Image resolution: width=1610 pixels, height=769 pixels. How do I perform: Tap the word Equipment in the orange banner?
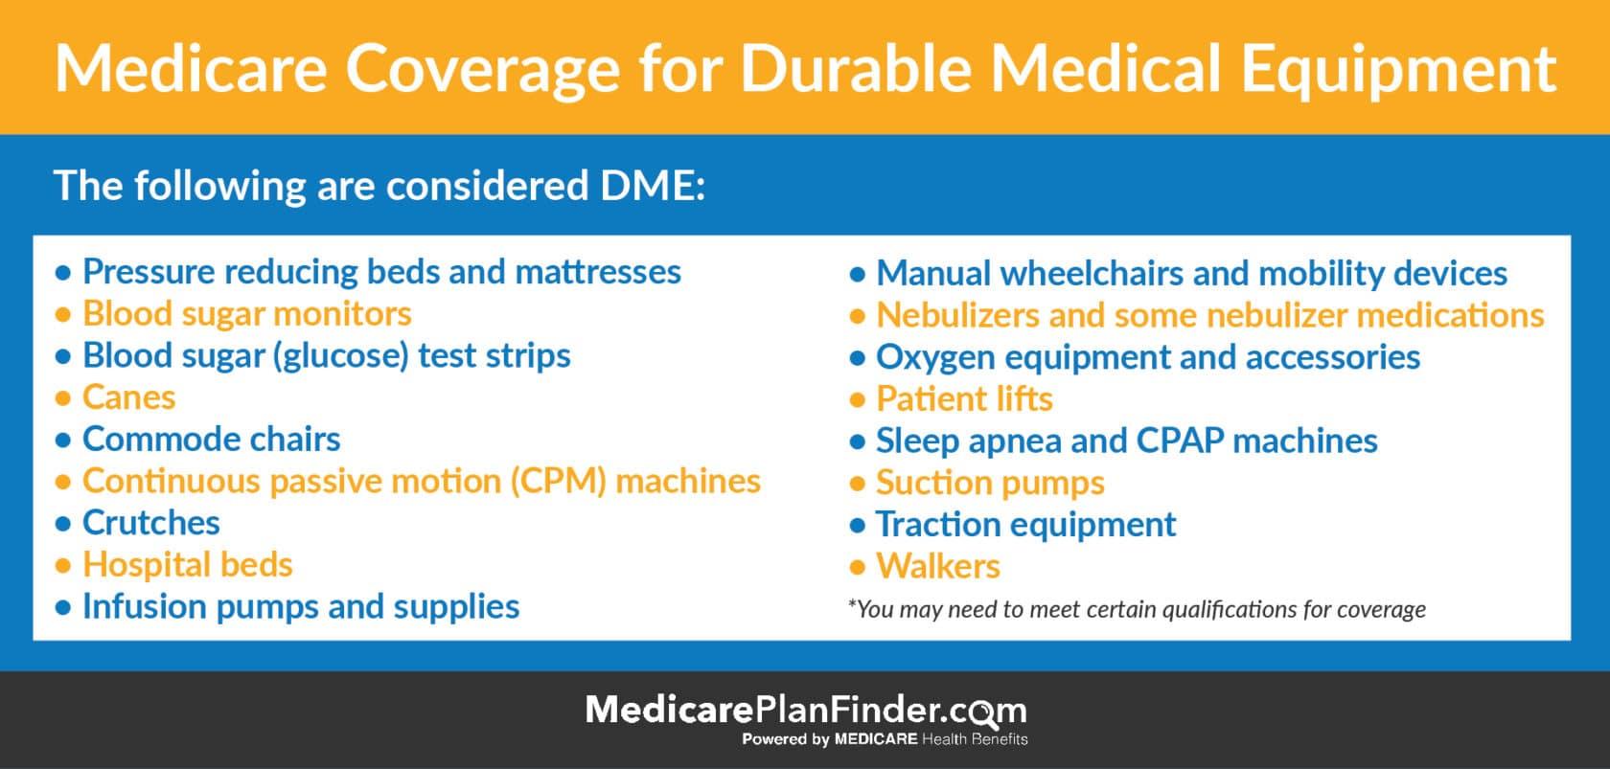(x=1398, y=71)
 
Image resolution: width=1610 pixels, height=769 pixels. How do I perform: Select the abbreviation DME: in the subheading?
(x=653, y=185)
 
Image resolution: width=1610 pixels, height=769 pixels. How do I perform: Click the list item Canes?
(x=128, y=397)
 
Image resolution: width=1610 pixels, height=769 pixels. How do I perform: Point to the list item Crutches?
(x=151, y=523)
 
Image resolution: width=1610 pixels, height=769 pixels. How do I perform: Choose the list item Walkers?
(x=938, y=567)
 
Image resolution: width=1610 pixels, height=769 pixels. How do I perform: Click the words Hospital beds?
(x=188, y=564)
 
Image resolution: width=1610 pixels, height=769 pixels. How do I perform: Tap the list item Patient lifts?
(x=964, y=399)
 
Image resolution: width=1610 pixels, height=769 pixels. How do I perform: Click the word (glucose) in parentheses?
(x=341, y=356)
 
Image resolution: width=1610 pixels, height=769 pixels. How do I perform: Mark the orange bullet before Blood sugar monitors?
(x=63, y=314)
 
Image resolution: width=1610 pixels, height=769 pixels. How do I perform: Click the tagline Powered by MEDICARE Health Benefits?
(x=885, y=739)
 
